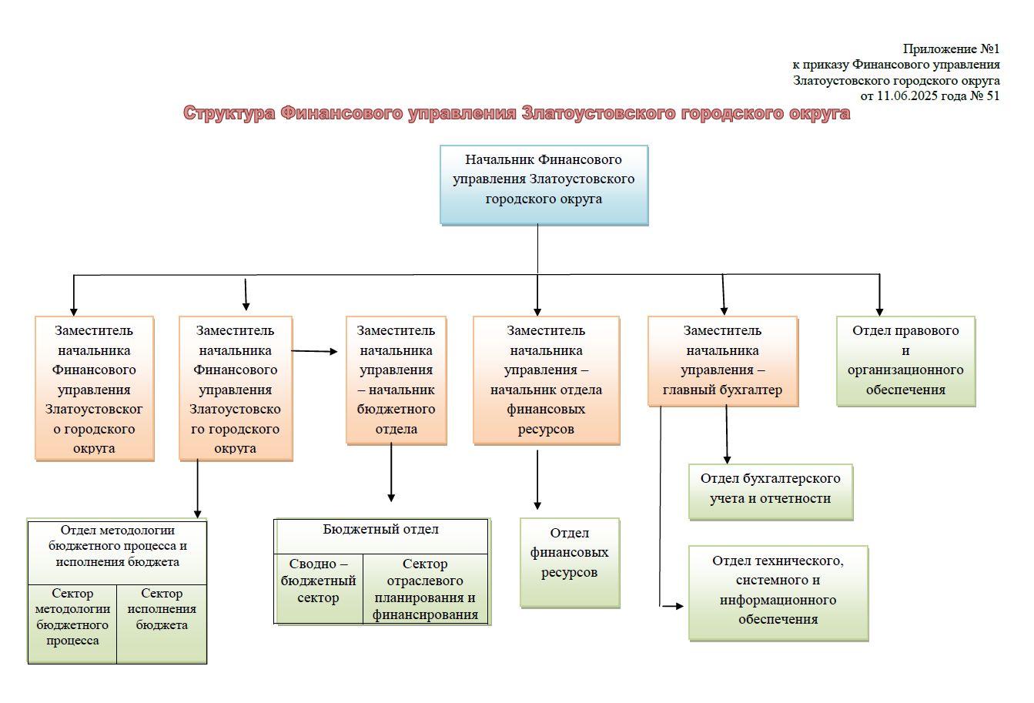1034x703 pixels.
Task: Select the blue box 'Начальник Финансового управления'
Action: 544,184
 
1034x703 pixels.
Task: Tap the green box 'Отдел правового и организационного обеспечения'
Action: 905,360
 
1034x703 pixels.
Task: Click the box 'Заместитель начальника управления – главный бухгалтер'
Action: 722,360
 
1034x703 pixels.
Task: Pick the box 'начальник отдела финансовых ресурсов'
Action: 546,380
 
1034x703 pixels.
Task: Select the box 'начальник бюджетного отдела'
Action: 396,380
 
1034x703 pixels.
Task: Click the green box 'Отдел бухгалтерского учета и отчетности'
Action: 771,490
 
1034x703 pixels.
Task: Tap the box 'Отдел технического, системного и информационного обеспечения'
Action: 778,592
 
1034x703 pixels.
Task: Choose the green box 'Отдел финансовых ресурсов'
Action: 570,562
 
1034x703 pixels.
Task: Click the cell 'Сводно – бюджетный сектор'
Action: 318,588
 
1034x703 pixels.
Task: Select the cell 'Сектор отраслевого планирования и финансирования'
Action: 425,589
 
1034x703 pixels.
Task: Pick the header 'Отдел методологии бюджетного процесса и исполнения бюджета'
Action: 117,551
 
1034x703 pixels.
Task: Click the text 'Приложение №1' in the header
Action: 951,49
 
